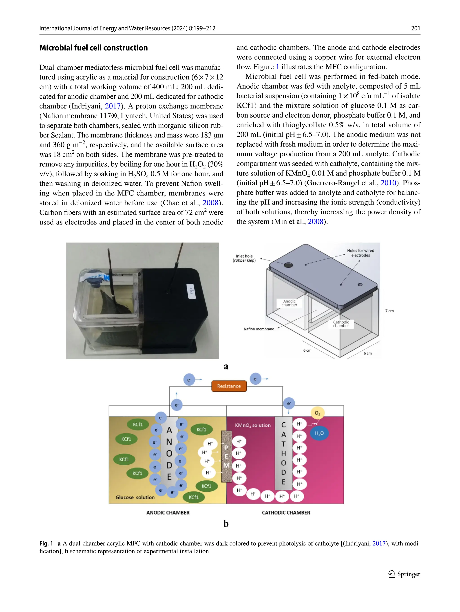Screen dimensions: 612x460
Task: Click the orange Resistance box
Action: pos(229,386)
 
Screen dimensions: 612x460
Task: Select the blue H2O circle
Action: pos(319,433)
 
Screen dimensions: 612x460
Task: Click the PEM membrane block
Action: pos(226,456)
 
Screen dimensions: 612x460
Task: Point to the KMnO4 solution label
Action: pos(252,425)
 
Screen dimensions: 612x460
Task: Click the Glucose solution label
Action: pos(135,497)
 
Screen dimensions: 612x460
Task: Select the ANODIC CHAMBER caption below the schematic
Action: pos(168,513)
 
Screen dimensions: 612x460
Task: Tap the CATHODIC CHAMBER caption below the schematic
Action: pos(286,513)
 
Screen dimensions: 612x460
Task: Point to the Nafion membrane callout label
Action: pos(259,329)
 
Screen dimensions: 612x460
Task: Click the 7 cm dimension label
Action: pos(389,311)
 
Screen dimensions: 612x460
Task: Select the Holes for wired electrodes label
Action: pos(360,253)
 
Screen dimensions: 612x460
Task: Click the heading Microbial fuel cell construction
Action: pos(93,48)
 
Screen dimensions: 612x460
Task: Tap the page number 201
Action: pos(415,28)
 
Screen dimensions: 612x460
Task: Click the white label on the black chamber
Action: pos(191,291)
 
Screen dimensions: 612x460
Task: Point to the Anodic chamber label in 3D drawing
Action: pos(289,303)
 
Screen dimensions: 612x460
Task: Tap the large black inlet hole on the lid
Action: pos(288,265)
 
